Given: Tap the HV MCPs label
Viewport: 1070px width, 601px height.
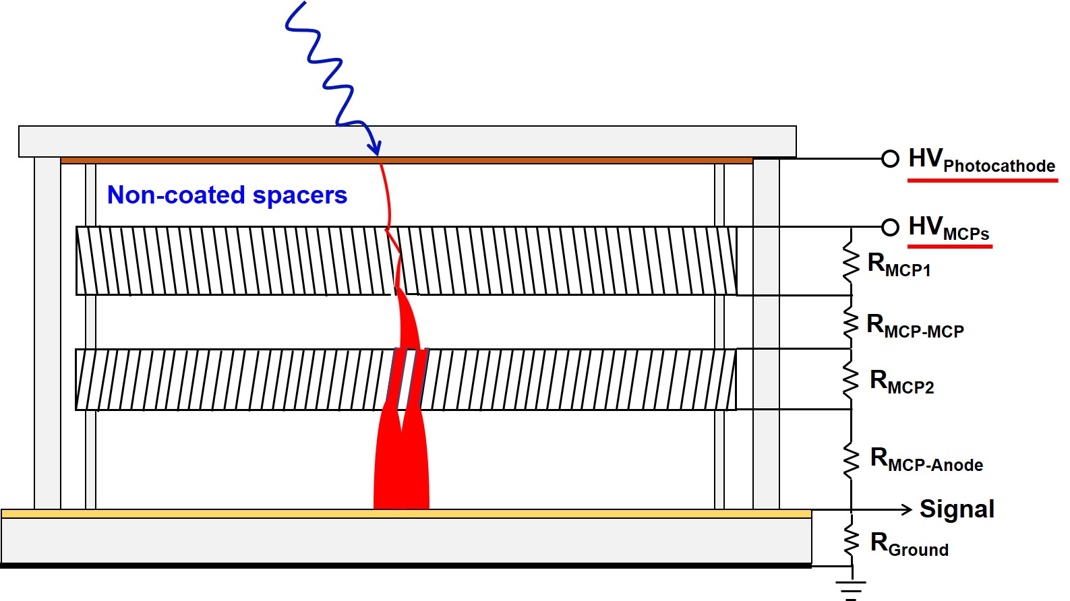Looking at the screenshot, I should coord(949,228).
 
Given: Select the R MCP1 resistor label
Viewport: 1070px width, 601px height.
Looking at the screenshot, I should coord(899,265).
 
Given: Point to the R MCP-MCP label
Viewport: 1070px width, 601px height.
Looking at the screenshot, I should coord(915,326).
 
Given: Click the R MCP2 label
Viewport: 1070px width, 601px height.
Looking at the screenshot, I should coord(901,382).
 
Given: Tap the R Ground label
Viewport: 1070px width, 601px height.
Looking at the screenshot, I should coord(909,544).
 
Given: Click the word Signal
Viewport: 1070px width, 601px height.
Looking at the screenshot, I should coord(957,509).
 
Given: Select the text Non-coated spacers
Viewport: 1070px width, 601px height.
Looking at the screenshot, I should coord(227,195).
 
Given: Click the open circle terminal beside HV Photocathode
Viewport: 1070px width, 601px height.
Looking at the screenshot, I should coord(890,158).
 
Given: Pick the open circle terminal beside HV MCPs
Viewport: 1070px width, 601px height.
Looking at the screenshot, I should coord(890,227).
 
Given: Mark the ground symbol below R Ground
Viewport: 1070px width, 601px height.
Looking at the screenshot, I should coord(851,588).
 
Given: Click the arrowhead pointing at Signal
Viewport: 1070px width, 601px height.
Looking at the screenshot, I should coord(908,509).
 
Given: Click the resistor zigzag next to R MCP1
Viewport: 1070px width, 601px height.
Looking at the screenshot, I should coord(851,264).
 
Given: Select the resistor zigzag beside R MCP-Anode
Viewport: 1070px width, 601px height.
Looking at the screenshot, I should coord(851,461).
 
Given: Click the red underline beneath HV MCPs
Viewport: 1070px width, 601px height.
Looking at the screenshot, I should coord(949,247).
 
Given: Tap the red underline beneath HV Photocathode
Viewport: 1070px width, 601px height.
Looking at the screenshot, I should coord(982,180).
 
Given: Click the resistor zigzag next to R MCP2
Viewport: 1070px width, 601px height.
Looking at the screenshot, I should coord(851,381).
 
